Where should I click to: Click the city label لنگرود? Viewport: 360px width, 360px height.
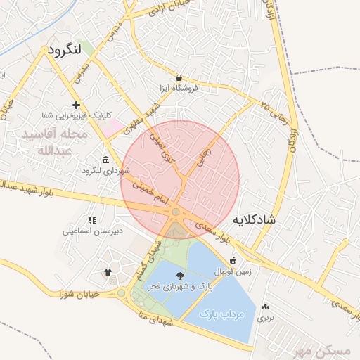(75, 51)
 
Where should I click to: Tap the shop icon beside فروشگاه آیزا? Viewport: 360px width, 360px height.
(179, 77)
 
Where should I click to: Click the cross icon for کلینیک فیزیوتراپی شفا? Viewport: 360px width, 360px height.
(76, 105)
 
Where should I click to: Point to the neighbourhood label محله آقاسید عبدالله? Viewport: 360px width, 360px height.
(54, 142)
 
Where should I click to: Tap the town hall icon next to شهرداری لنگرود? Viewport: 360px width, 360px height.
(105, 159)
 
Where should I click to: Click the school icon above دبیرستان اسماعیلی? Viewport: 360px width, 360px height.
(92, 220)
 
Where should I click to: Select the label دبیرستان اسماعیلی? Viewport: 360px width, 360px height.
(93, 231)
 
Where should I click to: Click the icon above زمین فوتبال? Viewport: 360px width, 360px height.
(233, 260)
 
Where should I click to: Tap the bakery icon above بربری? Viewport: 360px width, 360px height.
(265, 307)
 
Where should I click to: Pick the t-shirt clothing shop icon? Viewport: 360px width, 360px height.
(108, 272)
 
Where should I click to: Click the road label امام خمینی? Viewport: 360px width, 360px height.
(150, 193)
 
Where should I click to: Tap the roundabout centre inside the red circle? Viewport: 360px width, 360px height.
(176, 212)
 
